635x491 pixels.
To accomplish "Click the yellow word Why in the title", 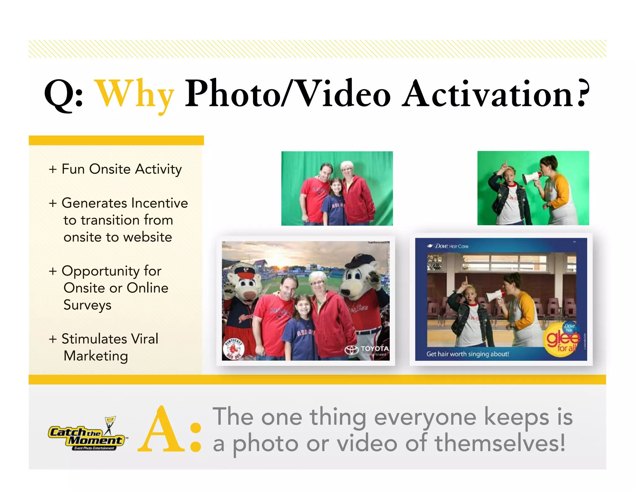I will pos(135,95).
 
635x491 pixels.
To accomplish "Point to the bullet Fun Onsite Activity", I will pos(115,169).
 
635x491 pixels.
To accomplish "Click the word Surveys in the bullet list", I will pos(87,305).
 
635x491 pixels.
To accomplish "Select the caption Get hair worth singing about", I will pos(468,354).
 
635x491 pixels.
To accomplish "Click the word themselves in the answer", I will pos(500,443).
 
